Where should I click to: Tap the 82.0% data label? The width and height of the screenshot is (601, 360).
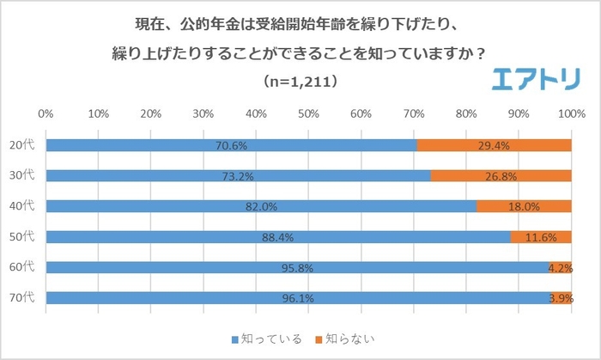pyautogui.click(x=261, y=206)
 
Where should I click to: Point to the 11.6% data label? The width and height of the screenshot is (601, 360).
pyautogui.click(x=541, y=237)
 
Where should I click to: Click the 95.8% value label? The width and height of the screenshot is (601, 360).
pyautogui.click(x=298, y=268)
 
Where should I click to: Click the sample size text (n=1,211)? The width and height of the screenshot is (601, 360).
pyautogui.click(x=300, y=82)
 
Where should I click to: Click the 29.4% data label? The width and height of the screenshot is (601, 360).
pyautogui.click(x=495, y=145)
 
